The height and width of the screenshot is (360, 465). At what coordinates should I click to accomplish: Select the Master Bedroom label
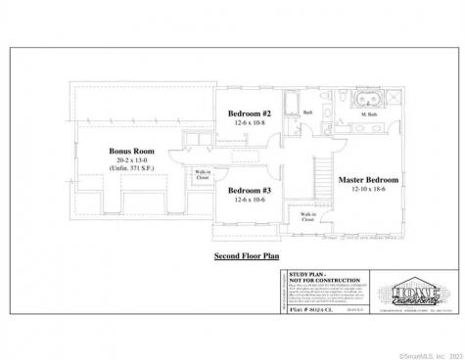coord(366,181)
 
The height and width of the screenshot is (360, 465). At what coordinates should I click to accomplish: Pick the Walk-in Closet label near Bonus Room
coord(203,175)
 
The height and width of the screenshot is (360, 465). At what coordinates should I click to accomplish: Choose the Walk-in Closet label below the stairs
coord(306,218)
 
